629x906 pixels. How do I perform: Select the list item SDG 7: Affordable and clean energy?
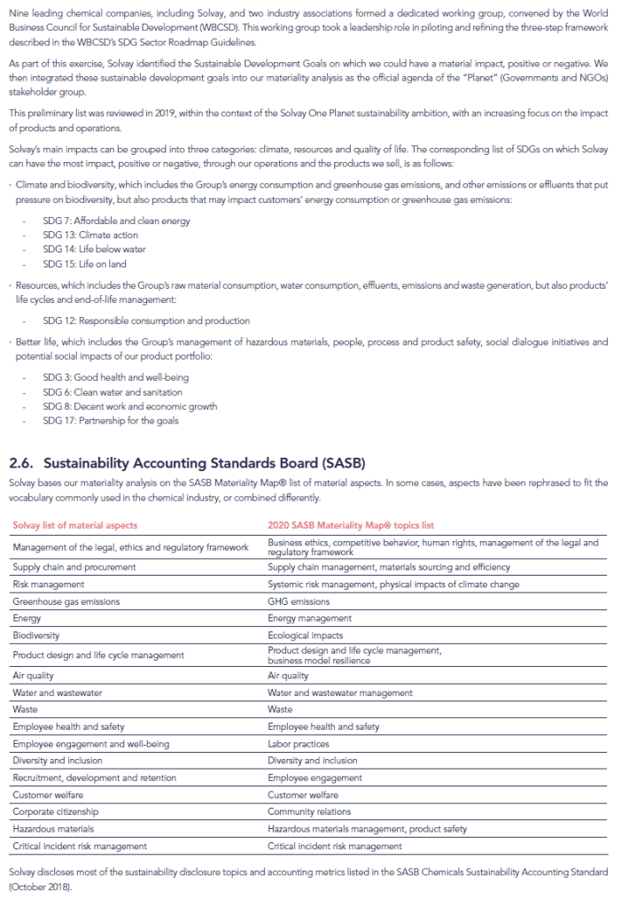[116, 221]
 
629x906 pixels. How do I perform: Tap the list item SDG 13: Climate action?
[90, 235]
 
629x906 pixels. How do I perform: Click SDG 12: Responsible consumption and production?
[146, 321]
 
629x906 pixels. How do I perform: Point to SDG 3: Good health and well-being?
[115, 377]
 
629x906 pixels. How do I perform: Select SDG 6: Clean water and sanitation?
[113, 391]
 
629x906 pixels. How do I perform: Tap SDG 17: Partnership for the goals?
[110, 421]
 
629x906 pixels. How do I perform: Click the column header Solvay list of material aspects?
[75, 525]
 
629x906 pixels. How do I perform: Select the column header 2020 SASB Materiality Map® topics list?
[351, 525]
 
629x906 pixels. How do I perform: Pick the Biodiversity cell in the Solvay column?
[36, 635]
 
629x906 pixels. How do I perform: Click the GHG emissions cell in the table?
[299, 601]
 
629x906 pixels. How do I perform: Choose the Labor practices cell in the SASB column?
[299, 744]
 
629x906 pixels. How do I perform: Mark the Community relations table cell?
[309, 811]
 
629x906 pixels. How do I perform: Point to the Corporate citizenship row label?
[56, 811]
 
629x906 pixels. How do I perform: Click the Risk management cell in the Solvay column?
[49, 585]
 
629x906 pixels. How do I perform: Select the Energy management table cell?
[309, 618]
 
